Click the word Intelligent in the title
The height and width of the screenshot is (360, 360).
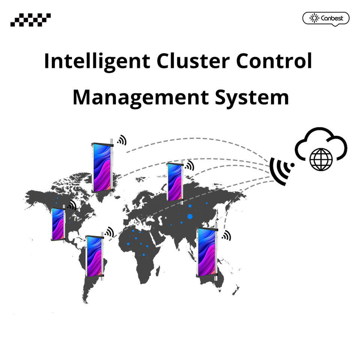[97, 61]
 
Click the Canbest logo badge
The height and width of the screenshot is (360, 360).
[325, 18]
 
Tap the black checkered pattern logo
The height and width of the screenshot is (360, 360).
[30, 19]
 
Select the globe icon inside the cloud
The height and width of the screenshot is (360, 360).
[321, 159]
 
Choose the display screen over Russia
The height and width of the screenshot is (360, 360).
[175, 182]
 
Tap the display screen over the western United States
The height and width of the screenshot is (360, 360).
[58, 224]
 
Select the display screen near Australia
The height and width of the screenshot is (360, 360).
[206, 252]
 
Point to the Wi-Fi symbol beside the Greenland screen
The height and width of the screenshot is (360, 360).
[121, 140]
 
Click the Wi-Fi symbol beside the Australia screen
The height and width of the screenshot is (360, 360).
[226, 235]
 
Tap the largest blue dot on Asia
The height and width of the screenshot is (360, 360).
[190, 216]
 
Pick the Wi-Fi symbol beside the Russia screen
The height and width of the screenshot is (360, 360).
[189, 165]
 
